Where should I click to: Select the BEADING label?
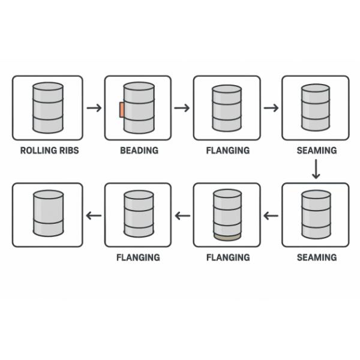138,150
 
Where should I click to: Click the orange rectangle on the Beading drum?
122,110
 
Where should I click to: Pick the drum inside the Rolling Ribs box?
48,108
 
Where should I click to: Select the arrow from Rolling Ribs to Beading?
94,108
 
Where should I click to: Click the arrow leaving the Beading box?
182,108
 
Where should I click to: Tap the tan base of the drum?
227,238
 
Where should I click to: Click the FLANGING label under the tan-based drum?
227,257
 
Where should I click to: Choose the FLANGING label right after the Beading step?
227,150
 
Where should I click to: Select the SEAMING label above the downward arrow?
316,150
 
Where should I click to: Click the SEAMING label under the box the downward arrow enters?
316,257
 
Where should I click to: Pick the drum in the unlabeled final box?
48,214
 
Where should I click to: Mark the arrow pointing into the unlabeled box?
94,215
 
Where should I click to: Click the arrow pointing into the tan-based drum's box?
271,215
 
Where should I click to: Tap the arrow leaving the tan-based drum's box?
182,215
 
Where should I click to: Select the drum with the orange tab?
139,108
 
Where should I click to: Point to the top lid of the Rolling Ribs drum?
48,86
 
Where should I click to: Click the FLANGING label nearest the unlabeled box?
138,257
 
